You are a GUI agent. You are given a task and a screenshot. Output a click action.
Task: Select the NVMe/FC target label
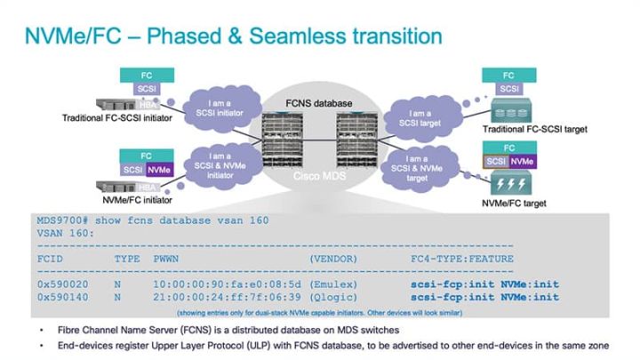click(x=513, y=203)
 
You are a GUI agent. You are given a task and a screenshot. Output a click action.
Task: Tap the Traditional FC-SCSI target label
click(x=529, y=130)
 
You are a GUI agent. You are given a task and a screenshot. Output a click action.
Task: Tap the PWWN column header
click(x=166, y=258)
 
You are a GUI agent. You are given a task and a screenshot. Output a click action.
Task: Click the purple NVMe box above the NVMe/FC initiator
click(x=159, y=169)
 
